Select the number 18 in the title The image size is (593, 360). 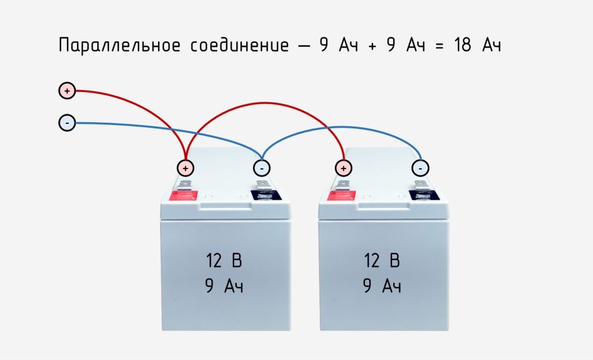pos(463,46)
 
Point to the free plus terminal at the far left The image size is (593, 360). pos(67,91)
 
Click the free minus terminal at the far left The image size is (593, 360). pos(67,123)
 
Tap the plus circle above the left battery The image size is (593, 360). pos(185,168)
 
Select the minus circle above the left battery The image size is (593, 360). pos(262,168)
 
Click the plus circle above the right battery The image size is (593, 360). pos(343,168)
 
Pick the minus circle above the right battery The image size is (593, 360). pos(420,168)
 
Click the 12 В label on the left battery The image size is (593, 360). pos(224,261)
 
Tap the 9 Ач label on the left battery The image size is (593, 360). pos(224,286)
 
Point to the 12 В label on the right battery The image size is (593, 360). pos(382,261)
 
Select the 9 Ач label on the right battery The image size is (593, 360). pos(382,286)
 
